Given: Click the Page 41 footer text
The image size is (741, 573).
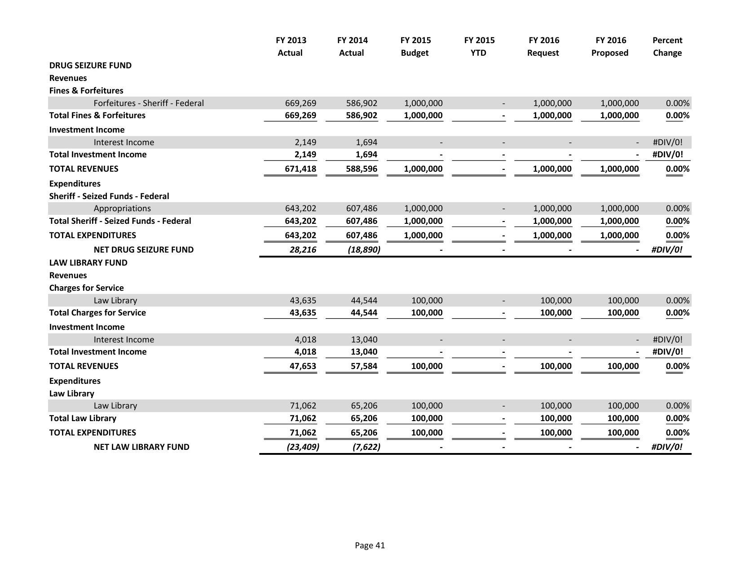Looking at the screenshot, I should (370, 545).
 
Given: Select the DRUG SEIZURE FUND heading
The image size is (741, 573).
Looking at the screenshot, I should (90, 65).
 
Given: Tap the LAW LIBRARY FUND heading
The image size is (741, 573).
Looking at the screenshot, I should (88, 262).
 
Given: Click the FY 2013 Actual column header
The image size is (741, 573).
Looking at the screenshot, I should (291, 46).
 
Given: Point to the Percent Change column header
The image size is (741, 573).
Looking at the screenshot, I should (667, 46).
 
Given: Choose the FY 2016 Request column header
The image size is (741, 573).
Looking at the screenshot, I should (543, 46).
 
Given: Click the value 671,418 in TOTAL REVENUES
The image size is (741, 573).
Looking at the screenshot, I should (300, 169).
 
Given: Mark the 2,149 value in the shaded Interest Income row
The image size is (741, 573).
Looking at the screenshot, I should (305, 142).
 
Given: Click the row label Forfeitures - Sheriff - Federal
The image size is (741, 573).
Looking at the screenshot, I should (148, 103).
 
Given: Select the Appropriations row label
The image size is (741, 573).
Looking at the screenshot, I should (122, 209).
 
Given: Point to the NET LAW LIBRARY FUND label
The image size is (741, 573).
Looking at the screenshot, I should (141, 447).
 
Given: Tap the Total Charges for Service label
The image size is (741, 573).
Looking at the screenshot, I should (97, 312).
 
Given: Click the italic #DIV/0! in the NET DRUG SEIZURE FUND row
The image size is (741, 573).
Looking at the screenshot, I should (666, 249).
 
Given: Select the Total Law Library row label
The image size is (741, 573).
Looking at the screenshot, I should (83, 418).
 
